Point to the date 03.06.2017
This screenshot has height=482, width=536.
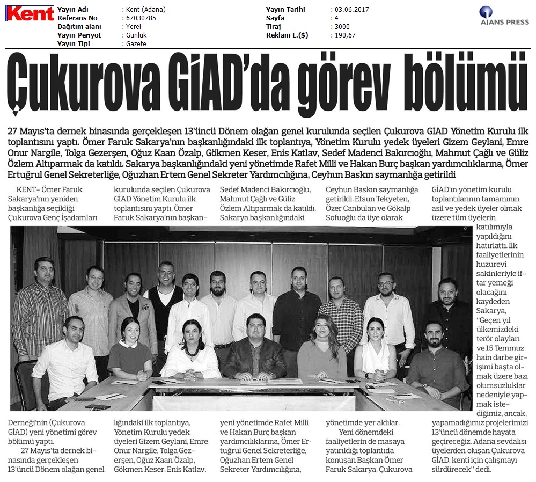click(352, 10)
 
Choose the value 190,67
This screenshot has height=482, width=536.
click(344, 35)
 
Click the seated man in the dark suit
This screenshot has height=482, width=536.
click(254, 349)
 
